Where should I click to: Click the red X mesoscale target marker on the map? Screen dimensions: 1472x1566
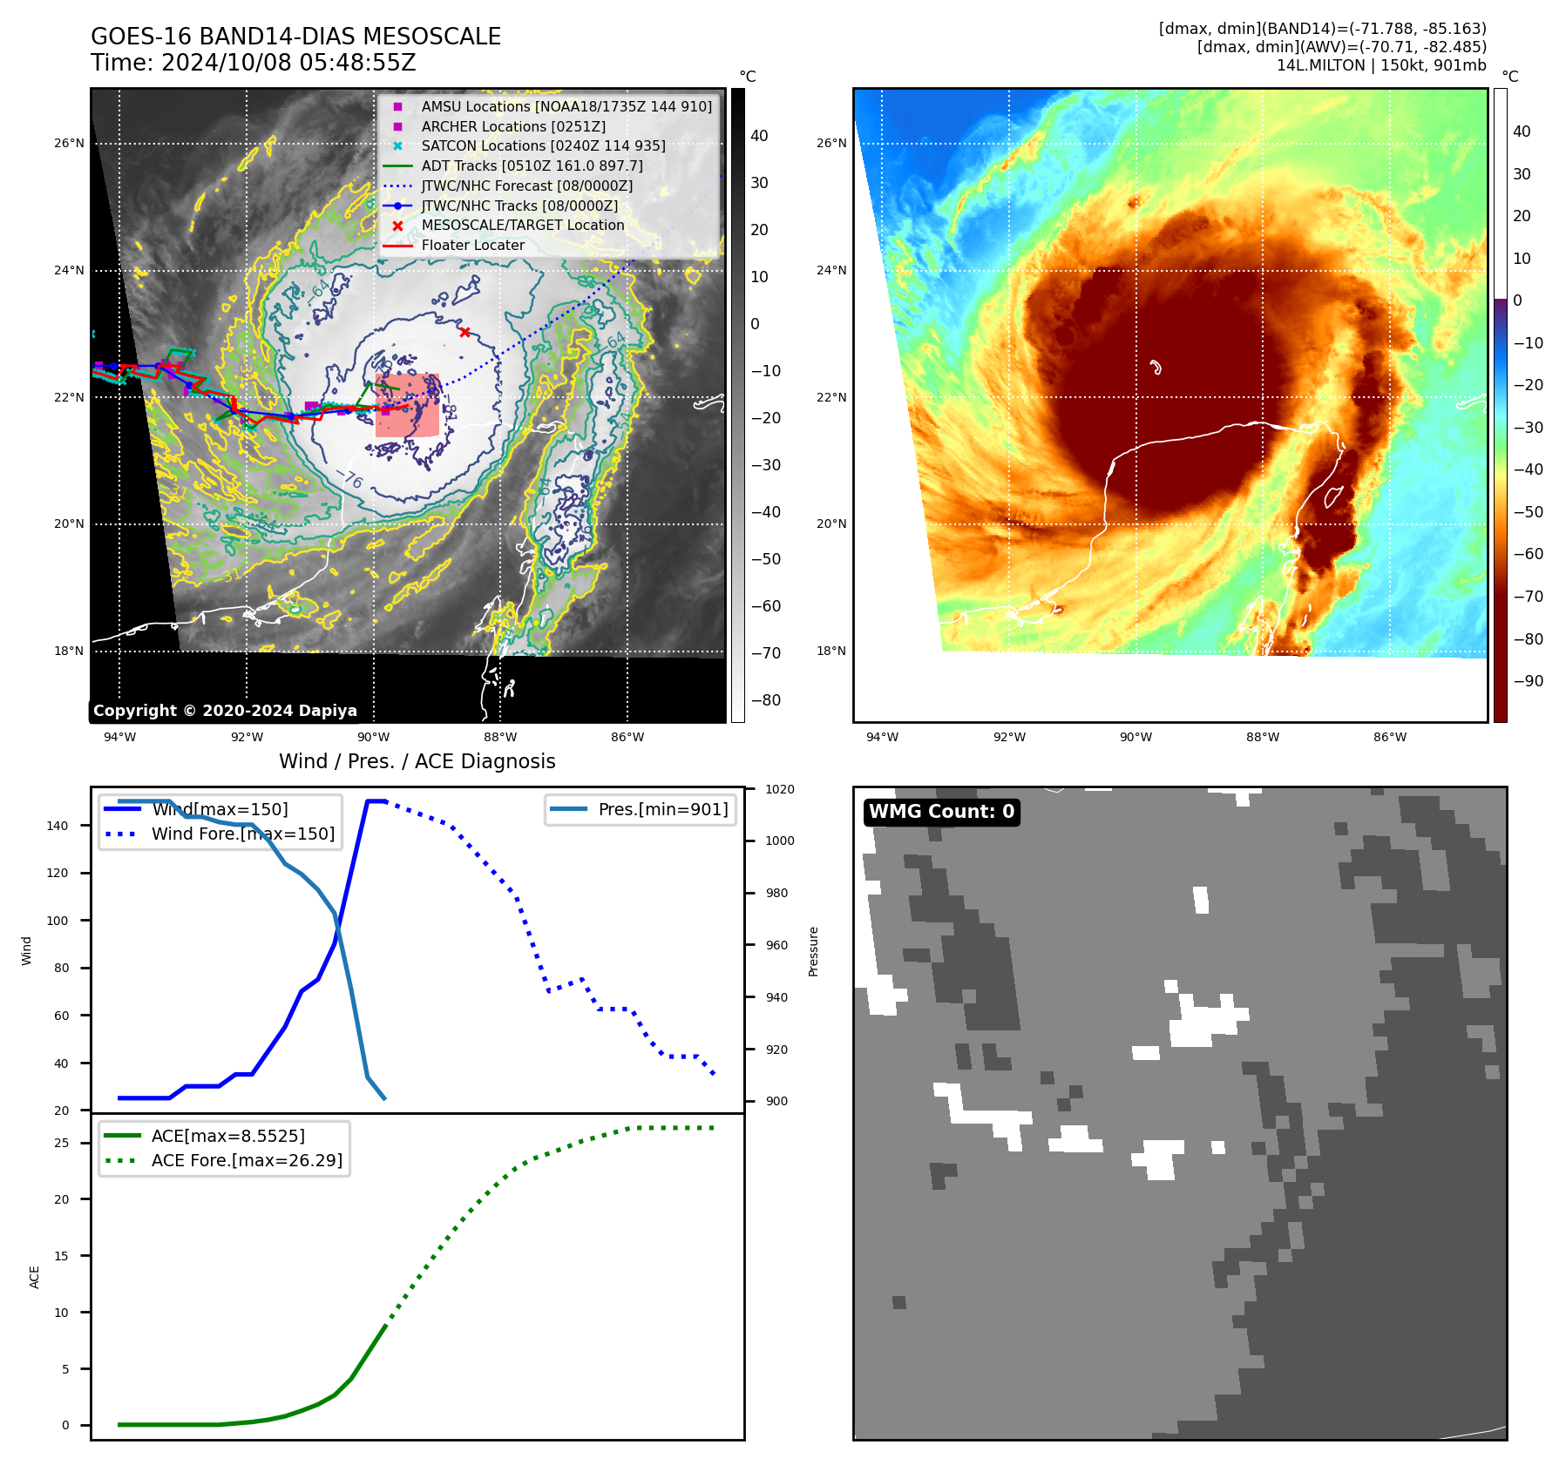point(464,332)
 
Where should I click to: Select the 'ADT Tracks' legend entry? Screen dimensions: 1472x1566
point(532,165)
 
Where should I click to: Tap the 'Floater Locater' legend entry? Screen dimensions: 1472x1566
point(472,245)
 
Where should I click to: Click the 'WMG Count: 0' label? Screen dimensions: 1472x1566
point(941,812)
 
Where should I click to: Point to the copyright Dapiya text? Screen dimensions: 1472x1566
point(225,711)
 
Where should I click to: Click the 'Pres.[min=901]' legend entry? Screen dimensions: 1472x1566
point(662,809)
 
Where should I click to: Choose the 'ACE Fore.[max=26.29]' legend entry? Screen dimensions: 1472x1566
point(247,1160)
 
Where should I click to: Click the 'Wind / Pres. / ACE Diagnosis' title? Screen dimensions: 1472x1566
point(417,761)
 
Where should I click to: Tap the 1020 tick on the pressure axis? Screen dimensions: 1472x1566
point(779,789)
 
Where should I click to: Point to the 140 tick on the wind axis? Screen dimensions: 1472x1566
point(58,826)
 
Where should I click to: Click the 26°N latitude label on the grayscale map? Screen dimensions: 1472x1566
point(69,144)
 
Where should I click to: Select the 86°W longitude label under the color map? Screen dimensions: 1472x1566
point(1389,737)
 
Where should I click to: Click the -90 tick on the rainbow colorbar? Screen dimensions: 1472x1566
point(1528,681)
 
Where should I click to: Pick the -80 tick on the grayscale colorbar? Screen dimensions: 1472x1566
point(766,700)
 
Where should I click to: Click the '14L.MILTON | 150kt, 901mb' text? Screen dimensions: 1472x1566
point(1381,65)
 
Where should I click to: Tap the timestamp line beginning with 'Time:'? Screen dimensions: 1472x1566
point(253,63)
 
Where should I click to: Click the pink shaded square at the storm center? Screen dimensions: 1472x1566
point(407,405)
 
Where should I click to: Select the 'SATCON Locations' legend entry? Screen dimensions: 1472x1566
point(543,145)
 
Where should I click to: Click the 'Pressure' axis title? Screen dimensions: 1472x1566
point(813,951)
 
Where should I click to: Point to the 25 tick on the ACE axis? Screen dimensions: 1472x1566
point(61,1143)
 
